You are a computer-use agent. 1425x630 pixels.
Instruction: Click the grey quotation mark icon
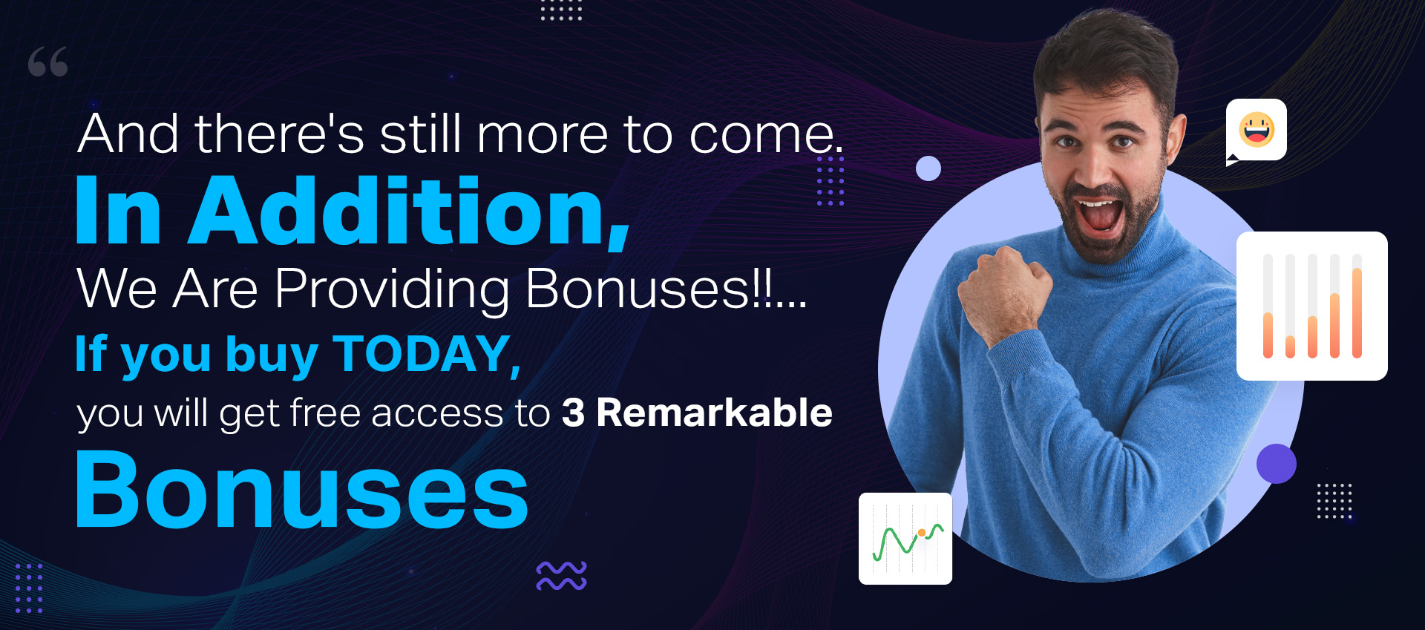tap(48, 62)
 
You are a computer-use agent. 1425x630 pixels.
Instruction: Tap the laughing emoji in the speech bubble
tap(1257, 130)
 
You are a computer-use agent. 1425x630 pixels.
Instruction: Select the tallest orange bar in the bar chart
tap(1357, 312)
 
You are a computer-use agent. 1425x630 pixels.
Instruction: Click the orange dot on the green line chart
tap(921, 533)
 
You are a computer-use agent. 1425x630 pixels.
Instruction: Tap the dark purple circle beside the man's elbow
tap(1276, 464)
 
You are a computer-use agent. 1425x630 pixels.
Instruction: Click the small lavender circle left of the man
tap(928, 168)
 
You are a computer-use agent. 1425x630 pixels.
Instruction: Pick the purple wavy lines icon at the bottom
tap(561, 576)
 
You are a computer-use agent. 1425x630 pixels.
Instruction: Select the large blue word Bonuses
tap(301, 490)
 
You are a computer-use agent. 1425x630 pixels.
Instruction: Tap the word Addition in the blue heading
tap(410, 211)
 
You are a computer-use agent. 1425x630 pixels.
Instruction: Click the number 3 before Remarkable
tap(573, 413)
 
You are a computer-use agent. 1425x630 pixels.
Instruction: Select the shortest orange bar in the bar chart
tap(1290, 347)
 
